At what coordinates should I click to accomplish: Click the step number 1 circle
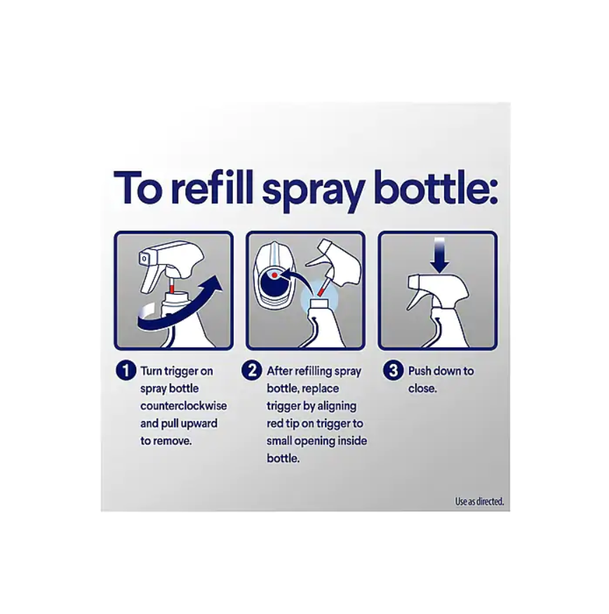126,371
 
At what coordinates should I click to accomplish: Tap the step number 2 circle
251,371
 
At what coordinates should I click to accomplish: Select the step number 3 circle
393,371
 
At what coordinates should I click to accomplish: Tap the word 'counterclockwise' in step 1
184,406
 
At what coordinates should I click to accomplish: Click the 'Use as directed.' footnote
479,501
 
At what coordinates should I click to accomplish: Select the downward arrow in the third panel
440,255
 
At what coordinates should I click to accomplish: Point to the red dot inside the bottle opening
275,275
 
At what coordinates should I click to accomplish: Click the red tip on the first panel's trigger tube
172,289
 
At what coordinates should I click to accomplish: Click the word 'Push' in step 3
420,371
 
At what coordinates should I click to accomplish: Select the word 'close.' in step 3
422,389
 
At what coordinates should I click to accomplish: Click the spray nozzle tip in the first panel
145,259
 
